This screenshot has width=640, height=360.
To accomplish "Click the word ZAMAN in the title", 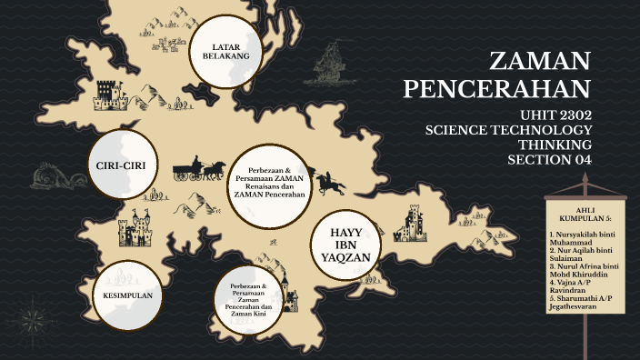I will click(x=540, y=62).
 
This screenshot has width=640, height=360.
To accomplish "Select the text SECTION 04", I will click(x=549, y=160).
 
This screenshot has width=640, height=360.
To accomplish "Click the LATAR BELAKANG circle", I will click(x=231, y=51).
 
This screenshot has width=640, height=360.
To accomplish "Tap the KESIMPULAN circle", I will click(x=126, y=296).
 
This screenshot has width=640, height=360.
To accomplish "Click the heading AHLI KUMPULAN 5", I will click(x=585, y=214).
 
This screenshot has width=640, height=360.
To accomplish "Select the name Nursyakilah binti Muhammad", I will click(x=582, y=239).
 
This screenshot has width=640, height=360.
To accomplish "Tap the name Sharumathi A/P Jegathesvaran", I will click(x=582, y=304).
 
